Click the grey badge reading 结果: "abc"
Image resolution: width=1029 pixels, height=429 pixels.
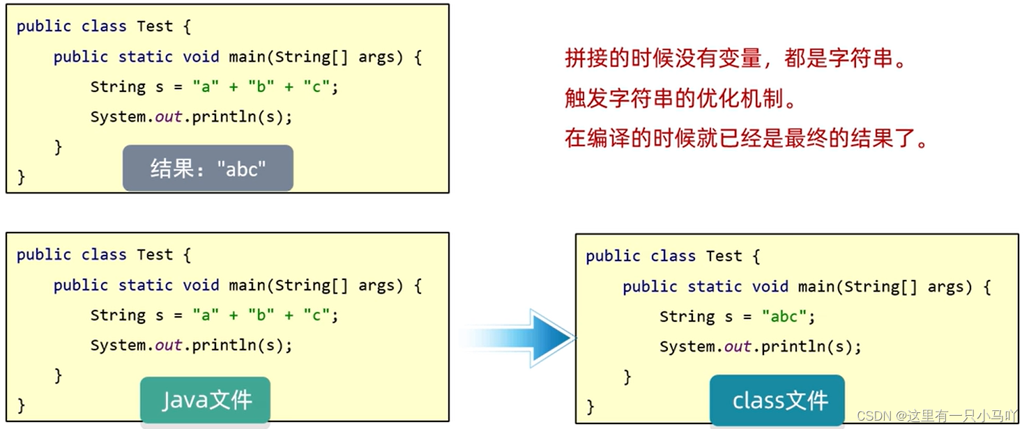(208, 168)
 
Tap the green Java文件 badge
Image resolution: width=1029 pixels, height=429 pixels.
(206, 400)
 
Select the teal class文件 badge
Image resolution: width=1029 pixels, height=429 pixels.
(777, 400)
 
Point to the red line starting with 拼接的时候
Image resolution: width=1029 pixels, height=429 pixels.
(735, 58)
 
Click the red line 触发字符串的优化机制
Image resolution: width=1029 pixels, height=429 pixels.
(680, 98)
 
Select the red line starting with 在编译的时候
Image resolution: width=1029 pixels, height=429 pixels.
(747, 138)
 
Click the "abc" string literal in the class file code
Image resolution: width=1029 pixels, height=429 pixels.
(784, 316)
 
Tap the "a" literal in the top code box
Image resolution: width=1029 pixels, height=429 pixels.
(206, 86)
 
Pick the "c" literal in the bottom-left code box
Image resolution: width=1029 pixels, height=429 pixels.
(317, 315)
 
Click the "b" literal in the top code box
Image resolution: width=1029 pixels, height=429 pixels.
(261, 86)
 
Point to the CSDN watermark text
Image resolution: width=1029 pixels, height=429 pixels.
(937, 416)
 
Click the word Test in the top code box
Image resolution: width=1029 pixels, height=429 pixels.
(155, 26)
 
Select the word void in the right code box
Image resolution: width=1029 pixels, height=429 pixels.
(770, 286)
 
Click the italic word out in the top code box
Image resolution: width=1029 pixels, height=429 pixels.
(168, 116)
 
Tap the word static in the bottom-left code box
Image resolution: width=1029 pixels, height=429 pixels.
(145, 285)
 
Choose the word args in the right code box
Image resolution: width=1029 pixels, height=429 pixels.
(946, 287)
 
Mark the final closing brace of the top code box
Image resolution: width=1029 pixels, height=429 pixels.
(21, 177)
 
